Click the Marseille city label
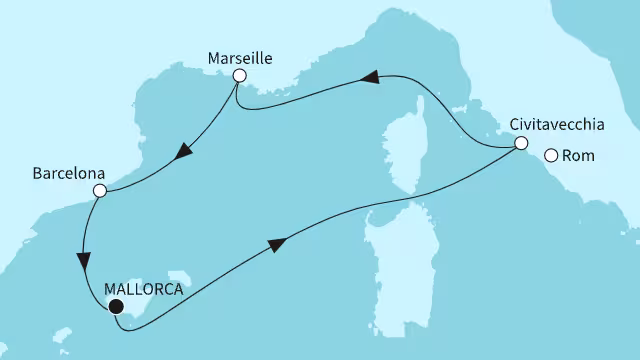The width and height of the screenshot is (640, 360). click(240, 58)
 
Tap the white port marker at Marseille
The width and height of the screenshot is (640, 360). click(240, 76)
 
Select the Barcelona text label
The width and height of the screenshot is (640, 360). click(69, 173)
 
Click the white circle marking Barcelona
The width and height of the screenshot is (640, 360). click(100, 191)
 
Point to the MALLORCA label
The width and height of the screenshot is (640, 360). click(144, 289)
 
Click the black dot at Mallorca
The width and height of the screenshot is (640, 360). click(116, 306)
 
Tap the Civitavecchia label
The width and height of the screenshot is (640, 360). click(557, 125)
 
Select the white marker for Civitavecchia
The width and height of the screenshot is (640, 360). click(521, 143)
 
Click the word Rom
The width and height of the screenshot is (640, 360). click(578, 156)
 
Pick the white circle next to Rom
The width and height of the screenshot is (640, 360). click(551, 156)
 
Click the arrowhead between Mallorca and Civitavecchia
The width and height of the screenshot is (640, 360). click(277, 244)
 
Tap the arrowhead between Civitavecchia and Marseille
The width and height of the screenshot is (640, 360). click(370, 77)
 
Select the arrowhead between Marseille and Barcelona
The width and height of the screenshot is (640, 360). click(184, 151)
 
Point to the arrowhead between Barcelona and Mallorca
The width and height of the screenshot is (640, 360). click(84, 262)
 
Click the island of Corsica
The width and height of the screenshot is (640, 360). click(405, 146)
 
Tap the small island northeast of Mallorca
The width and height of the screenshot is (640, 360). click(180, 278)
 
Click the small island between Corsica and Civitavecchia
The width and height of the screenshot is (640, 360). click(460, 109)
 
